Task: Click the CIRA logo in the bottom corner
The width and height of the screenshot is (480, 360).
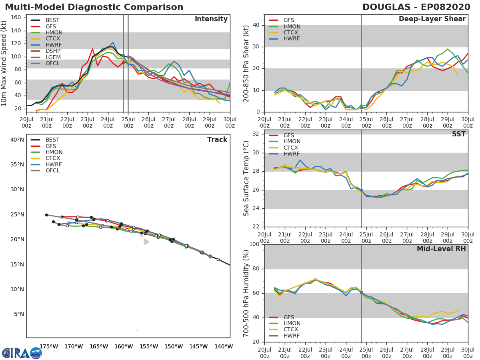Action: (x=22, y=352)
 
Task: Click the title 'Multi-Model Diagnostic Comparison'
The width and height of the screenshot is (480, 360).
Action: (x=94, y=7)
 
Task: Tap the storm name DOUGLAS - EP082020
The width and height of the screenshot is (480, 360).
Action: (x=416, y=7)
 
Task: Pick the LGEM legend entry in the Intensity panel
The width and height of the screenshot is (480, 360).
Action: (x=46, y=57)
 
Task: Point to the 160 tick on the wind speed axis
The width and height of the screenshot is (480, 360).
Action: (x=16, y=18)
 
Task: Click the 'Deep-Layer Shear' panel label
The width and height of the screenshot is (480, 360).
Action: (x=432, y=19)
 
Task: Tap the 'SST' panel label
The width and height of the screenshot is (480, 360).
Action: (x=459, y=134)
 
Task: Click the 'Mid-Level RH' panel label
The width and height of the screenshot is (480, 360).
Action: (x=441, y=249)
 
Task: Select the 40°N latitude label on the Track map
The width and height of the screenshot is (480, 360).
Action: (x=17, y=140)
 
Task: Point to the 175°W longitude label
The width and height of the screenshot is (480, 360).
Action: (x=49, y=346)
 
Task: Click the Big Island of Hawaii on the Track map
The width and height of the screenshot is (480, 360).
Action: (x=146, y=242)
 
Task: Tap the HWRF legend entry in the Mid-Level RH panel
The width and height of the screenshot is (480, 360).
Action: (x=284, y=336)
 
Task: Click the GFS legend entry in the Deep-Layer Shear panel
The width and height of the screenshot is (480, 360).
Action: (x=282, y=20)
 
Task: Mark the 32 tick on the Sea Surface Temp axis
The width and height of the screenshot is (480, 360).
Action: (x=256, y=134)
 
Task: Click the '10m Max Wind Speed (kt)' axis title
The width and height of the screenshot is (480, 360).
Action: (x=4, y=63)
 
